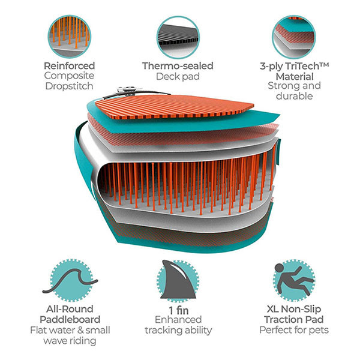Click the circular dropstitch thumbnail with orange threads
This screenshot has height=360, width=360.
coord(70,36)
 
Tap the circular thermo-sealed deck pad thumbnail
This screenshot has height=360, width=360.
coord(178,37)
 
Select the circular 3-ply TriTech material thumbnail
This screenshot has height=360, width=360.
coord(294,37)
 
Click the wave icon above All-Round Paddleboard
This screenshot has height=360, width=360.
coord(70,281)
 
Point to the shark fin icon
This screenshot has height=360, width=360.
coord(179,280)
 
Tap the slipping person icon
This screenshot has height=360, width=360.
coord(294,280)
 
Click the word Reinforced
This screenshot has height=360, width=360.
coord(70,66)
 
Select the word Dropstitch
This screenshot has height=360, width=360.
coord(70,86)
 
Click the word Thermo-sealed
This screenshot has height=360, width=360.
coord(178,66)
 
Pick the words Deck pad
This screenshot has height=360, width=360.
coord(178,76)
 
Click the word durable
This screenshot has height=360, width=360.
coord(295,96)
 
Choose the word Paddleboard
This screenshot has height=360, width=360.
coord(70,320)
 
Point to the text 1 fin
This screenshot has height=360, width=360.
coord(179,310)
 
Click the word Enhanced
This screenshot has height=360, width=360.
coord(178,320)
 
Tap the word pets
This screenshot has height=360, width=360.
coord(319,331)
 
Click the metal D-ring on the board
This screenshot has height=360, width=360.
coord(127,90)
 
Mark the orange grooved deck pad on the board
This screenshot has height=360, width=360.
coord(175,107)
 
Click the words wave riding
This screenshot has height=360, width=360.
coord(70,341)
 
